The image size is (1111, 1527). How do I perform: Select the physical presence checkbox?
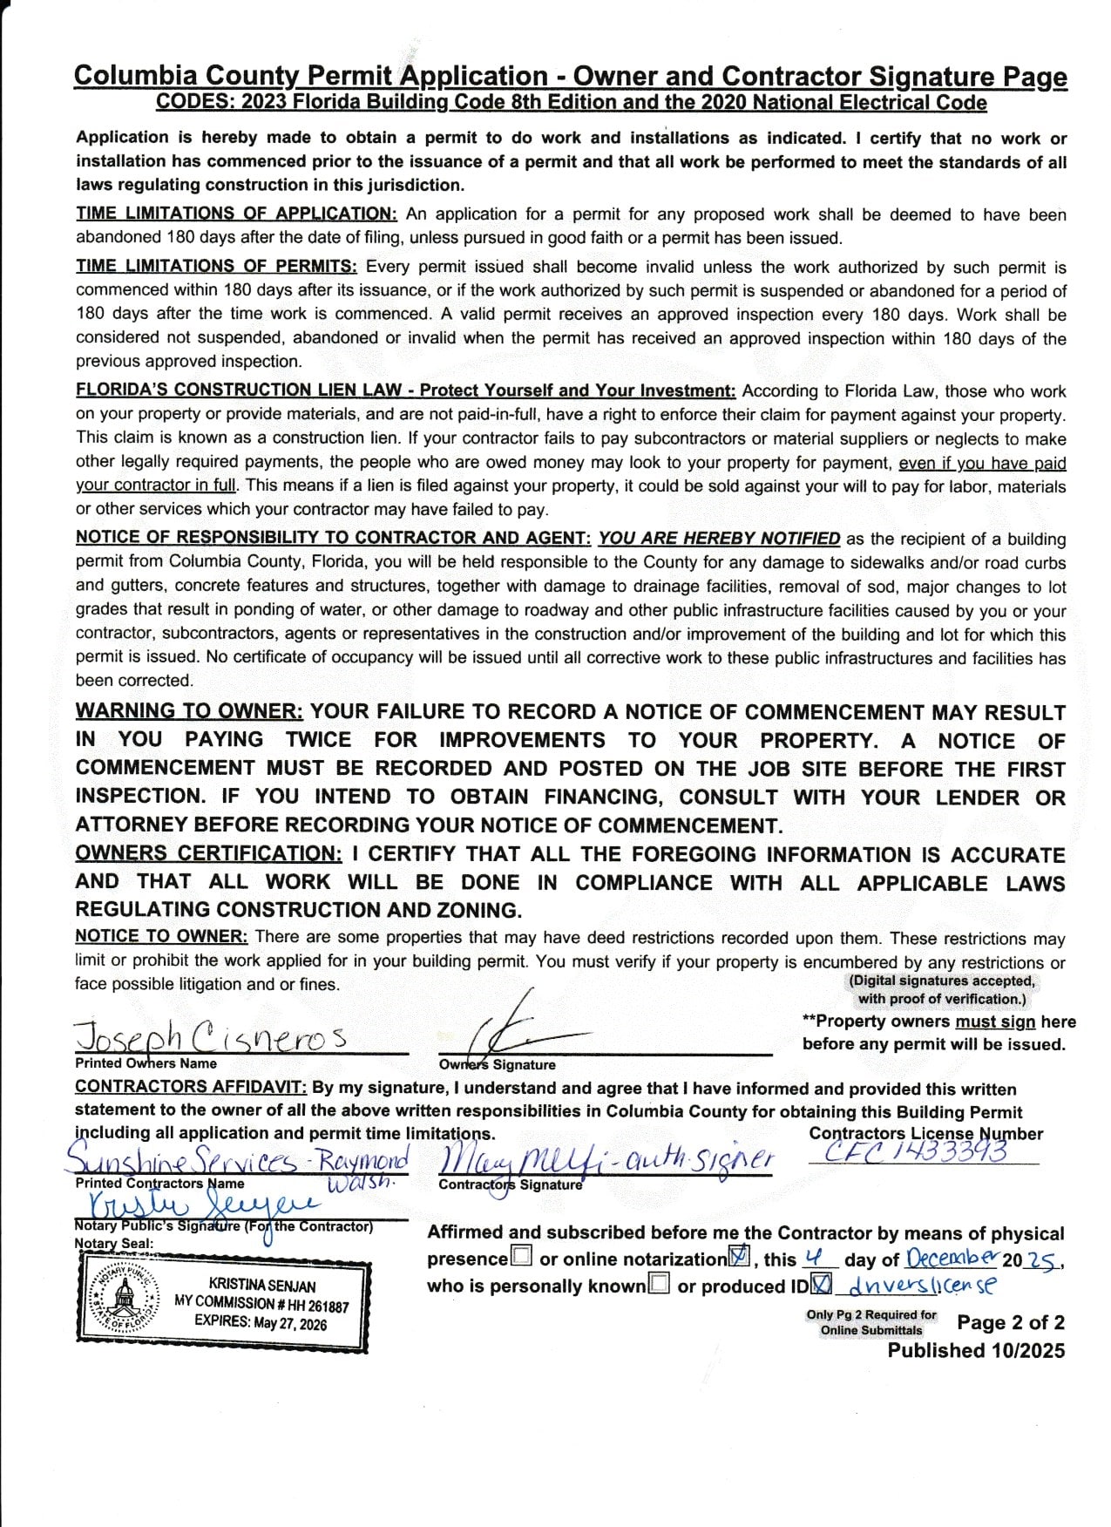(522, 1257)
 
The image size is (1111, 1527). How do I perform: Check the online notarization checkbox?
(739, 1257)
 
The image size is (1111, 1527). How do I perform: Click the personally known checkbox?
(660, 1284)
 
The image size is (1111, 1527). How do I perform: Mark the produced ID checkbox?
(821, 1284)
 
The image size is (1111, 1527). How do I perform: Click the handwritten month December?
(952, 1258)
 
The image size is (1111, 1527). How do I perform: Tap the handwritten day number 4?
(812, 1258)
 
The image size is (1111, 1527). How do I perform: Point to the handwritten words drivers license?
(922, 1285)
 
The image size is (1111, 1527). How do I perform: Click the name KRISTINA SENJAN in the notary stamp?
(262, 1286)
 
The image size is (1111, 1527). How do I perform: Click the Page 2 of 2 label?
(1010, 1322)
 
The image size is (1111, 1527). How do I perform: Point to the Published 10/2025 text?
(976, 1350)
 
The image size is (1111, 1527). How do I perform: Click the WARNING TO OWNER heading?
(189, 711)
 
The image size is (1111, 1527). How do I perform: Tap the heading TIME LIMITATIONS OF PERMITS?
(216, 267)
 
